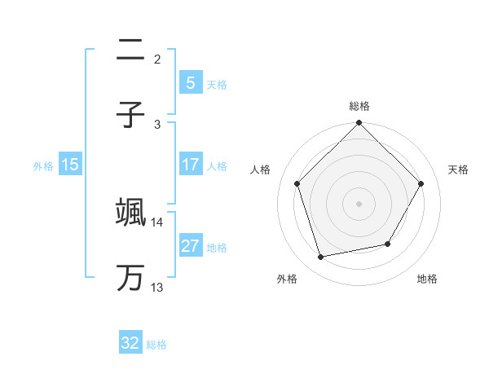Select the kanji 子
(130, 115)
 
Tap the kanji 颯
(130, 213)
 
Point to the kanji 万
(130, 278)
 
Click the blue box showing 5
(190, 82)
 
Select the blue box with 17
(190, 165)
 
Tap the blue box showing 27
(190, 246)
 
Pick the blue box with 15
(70, 165)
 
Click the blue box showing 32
(130, 343)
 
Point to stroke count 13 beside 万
(156, 287)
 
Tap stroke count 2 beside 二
(157, 59)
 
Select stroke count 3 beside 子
(157, 124)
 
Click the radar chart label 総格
(359, 106)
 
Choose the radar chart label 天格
(459, 169)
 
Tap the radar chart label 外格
(287, 279)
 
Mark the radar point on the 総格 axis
(359, 124)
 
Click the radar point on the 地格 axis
(388, 244)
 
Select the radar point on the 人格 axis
(297, 183)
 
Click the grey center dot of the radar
(359, 204)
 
